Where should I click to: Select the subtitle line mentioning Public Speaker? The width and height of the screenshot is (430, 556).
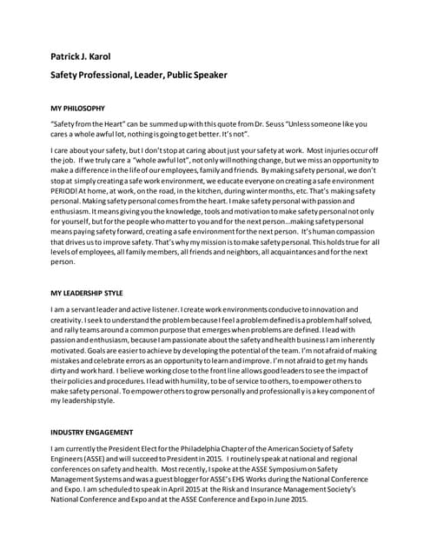click(138, 75)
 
